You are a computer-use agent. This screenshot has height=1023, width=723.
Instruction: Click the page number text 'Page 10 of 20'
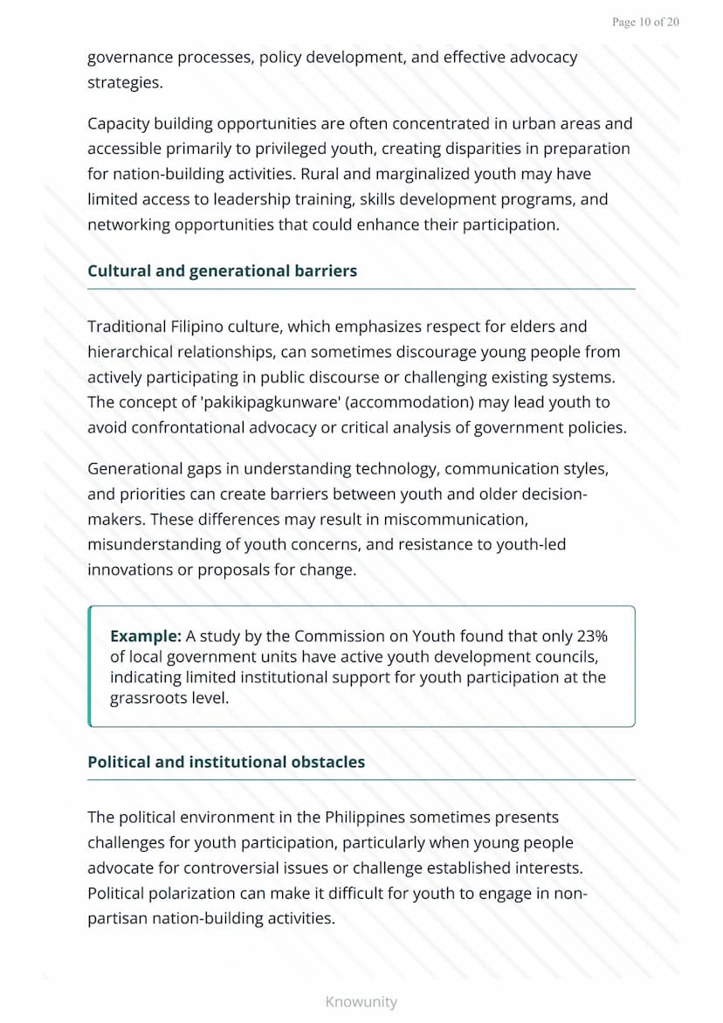point(645,22)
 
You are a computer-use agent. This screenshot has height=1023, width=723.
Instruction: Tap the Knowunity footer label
point(361,1001)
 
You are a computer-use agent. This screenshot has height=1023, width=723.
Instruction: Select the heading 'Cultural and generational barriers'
point(222,271)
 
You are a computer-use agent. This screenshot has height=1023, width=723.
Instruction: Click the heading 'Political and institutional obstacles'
point(226,762)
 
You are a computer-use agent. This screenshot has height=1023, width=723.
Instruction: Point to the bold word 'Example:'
point(145,636)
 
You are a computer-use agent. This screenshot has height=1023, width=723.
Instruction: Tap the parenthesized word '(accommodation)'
point(359,403)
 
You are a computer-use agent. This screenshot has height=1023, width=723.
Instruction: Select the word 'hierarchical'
point(130,352)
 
